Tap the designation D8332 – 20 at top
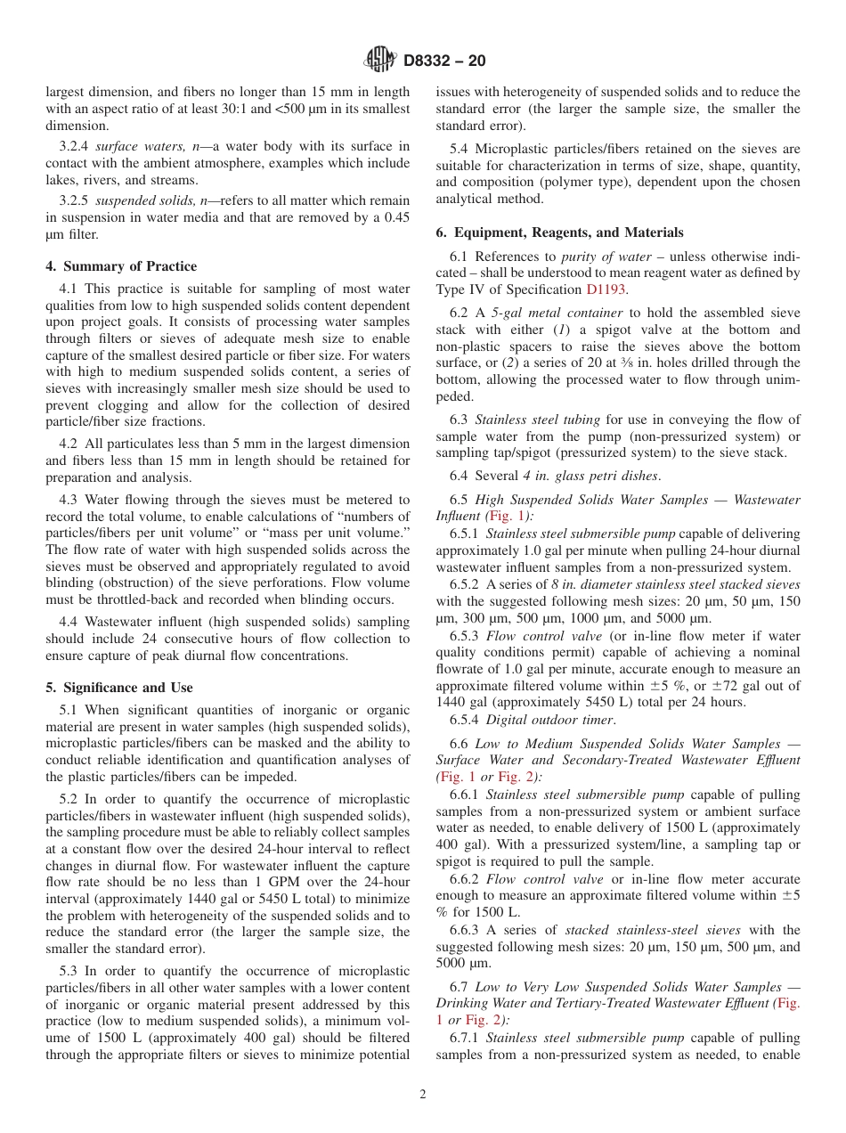click(444, 61)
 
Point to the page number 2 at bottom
click(423, 1095)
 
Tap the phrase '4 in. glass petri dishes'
click(590, 477)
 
